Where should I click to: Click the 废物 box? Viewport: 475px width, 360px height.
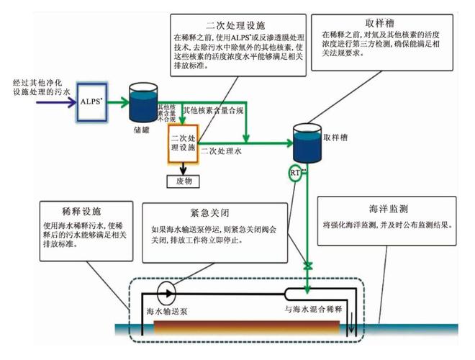pyautogui.click(x=184, y=181)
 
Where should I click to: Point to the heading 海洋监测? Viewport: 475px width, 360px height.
pyautogui.click(x=389, y=210)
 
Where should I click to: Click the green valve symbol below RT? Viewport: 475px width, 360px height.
pyautogui.click(x=307, y=267)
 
